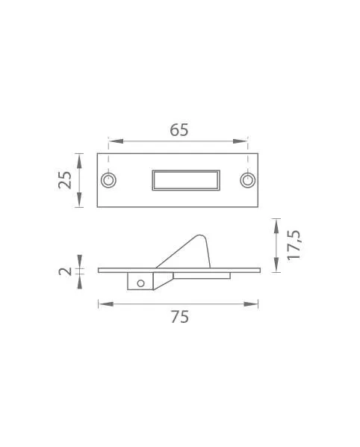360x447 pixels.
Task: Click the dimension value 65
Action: (x=179, y=130)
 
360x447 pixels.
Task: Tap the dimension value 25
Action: (x=65, y=180)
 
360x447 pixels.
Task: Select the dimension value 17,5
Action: (x=294, y=245)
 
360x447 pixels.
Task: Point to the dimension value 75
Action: (x=180, y=317)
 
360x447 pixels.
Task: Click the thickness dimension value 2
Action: (x=65, y=271)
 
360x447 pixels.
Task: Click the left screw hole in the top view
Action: (x=108, y=180)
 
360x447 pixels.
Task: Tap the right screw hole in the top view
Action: (x=248, y=180)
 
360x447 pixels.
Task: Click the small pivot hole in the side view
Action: (x=140, y=283)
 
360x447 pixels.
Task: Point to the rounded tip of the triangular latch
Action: (x=199, y=235)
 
